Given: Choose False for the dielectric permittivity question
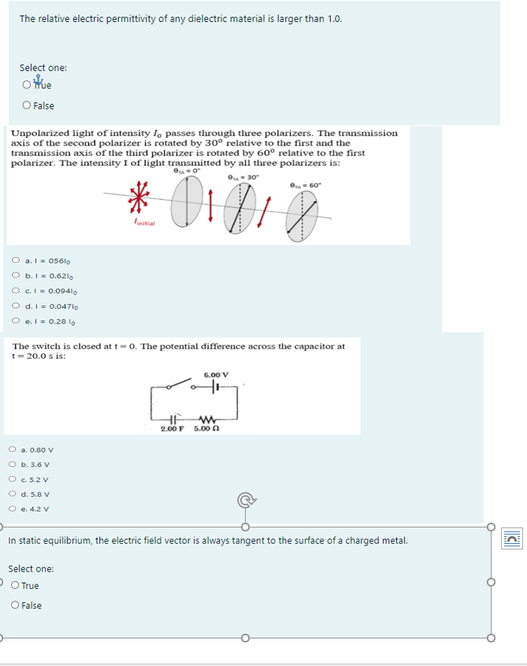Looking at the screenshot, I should click(28, 105).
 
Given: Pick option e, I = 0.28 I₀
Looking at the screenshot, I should click(16, 321).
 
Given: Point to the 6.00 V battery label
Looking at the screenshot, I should click(215, 374).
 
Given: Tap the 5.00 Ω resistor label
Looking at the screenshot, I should click(206, 428).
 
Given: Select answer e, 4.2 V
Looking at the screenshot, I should click(13, 509).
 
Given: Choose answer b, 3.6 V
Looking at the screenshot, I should click(13, 464).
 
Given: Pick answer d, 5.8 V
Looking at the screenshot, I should click(13, 494).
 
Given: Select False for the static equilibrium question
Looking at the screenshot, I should click(16, 605).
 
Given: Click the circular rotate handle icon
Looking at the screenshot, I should click(246, 498).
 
